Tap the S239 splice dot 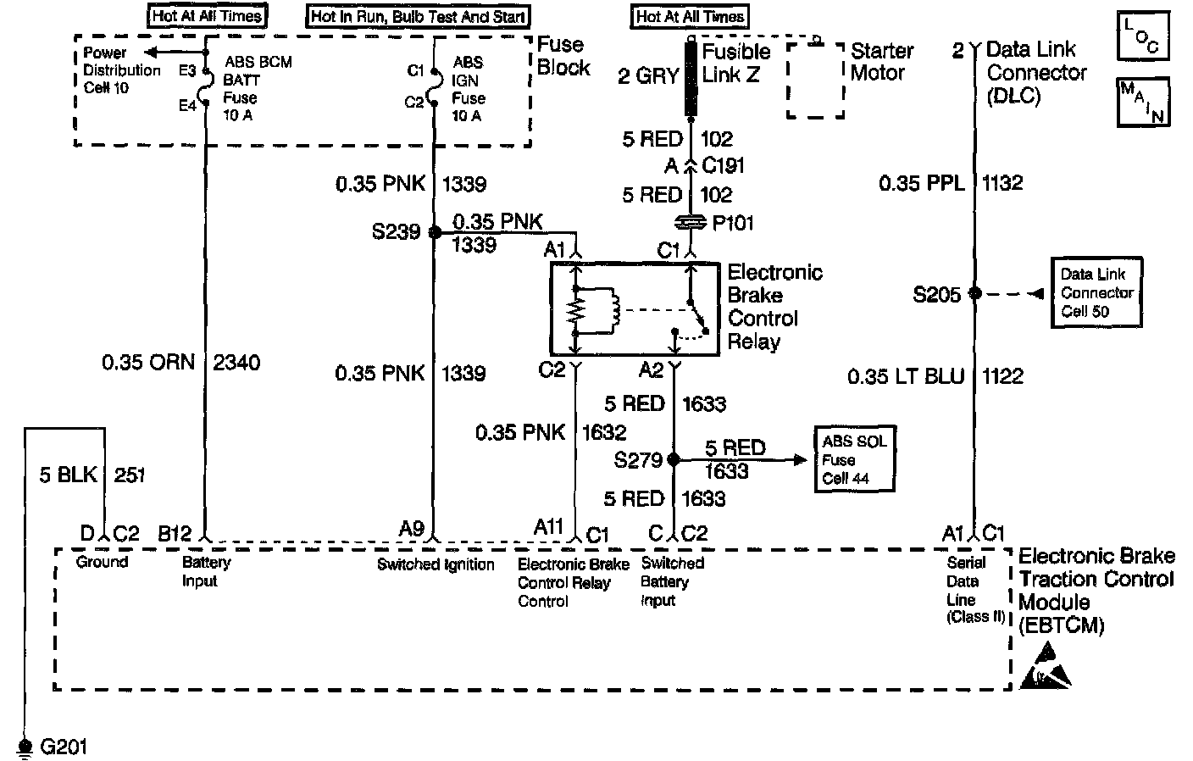(434, 232)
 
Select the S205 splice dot (975, 293)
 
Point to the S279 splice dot (674, 460)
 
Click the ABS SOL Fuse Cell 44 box (854, 460)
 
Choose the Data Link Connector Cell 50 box (1096, 293)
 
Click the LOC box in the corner (1142, 36)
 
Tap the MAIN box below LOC (1142, 101)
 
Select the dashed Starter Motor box (815, 79)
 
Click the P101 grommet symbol (691, 223)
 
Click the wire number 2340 (237, 363)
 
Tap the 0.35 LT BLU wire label (905, 376)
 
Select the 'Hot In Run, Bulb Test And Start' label (419, 16)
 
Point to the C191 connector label (723, 165)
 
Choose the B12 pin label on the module (175, 534)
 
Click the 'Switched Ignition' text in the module (436, 564)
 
